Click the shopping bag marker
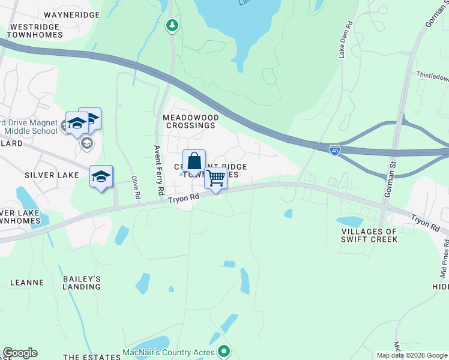click(x=194, y=162)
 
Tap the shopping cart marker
click(x=215, y=178)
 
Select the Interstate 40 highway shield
click(x=335, y=150)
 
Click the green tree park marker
click(x=173, y=25)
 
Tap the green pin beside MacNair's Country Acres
click(x=224, y=351)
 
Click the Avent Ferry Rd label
click(x=159, y=170)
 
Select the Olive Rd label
click(x=136, y=187)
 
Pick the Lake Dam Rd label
click(x=345, y=40)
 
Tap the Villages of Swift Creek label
click(x=369, y=235)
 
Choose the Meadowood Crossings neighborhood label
click(x=189, y=121)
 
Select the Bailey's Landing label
click(x=82, y=283)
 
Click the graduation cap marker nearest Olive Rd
click(x=101, y=177)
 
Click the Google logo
click(x=20, y=353)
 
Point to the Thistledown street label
click(x=433, y=77)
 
